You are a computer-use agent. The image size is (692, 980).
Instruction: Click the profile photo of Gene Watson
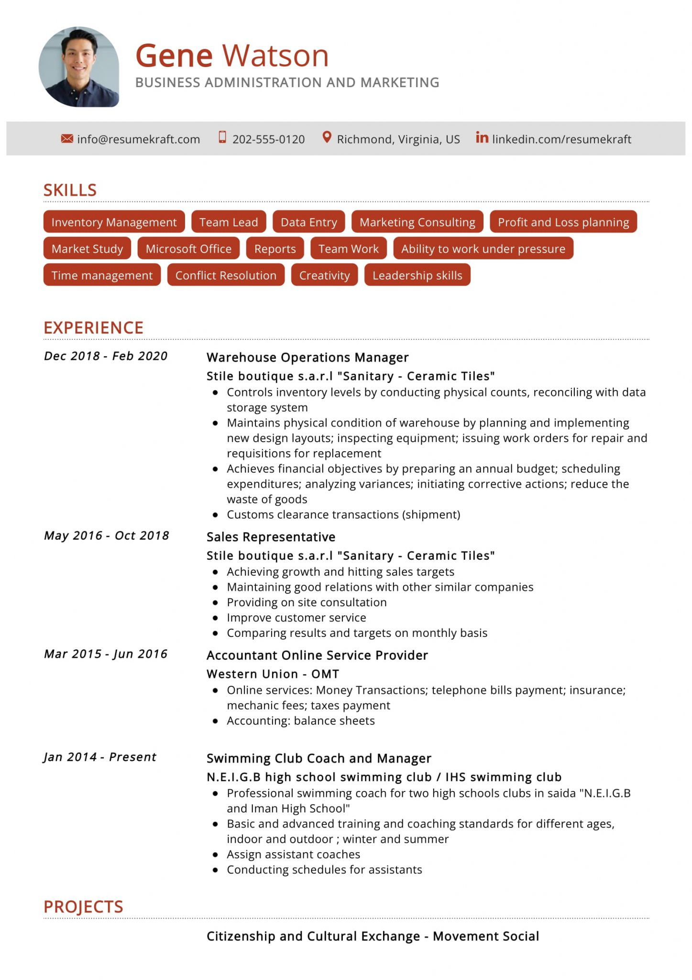tap(79, 67)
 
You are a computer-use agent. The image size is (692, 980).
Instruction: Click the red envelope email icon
tap(67, 139)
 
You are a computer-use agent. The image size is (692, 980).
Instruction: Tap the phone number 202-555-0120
tap(268, 139)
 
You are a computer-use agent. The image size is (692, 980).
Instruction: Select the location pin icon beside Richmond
tap(327, 138)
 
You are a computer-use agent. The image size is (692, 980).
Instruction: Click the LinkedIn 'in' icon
tap(482, 138)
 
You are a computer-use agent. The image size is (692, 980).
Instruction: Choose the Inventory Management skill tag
tap(114, 222)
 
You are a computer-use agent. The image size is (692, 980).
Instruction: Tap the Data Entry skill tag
tap(308, 222)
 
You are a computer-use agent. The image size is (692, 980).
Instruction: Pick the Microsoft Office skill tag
tap(188, 249)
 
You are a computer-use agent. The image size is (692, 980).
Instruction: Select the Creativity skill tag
tap(324, 276)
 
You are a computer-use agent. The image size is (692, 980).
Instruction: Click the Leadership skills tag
tap(417, 276)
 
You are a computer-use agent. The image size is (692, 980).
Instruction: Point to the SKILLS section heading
tap(70, 190)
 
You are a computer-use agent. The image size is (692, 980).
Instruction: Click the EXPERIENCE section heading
tap(93, 328)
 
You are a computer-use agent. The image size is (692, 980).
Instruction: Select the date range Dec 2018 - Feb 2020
tap(106, 356)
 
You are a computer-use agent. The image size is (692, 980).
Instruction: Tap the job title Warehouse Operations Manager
tap(308, 357)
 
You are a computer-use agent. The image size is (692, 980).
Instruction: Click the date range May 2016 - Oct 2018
tap(107, 535)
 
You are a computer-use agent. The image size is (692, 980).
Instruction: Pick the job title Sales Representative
tap(271, 537)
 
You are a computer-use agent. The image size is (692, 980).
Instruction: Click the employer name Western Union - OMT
tap(273, 674)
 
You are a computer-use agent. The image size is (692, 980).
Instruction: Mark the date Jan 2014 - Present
tap(100, 757)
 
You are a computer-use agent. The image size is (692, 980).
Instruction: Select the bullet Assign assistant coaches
tap(293, 854)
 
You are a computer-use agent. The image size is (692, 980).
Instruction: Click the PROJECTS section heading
tap(84, 907)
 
